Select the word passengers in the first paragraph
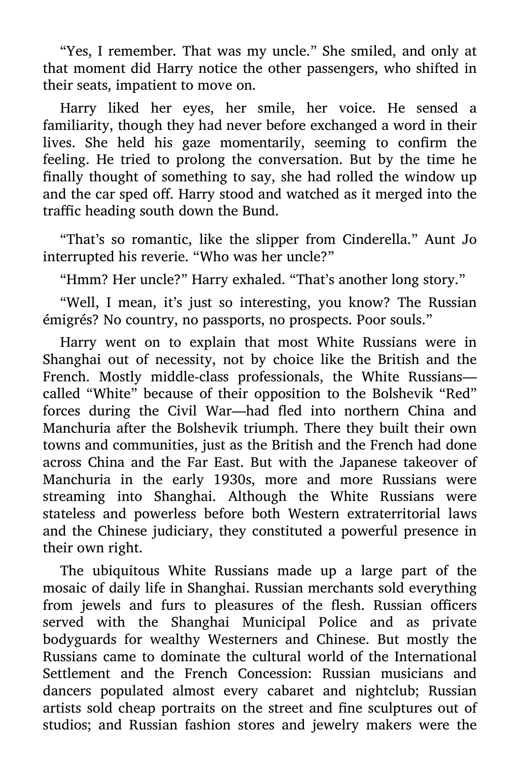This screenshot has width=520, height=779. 341,68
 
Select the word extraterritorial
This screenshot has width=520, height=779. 393,514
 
